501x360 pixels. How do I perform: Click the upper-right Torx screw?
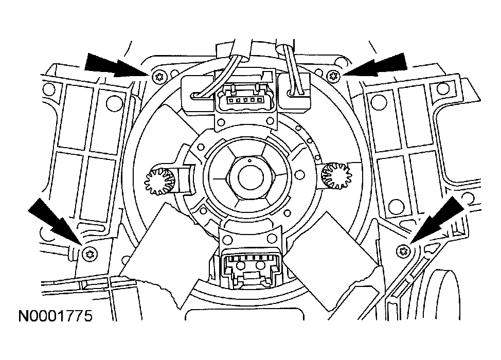click(x=333, y=76)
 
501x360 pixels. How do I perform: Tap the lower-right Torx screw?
click(x=403, y=251)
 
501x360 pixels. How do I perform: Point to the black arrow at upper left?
click(x=117, y=65)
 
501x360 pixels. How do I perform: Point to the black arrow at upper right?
click(x=374, y=65)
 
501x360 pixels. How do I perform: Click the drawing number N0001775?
click(x=55, y=316)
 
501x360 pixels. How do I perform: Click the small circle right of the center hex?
click(x=299, y=175)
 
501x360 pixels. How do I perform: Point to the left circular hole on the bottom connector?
click(x=241, y=265)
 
